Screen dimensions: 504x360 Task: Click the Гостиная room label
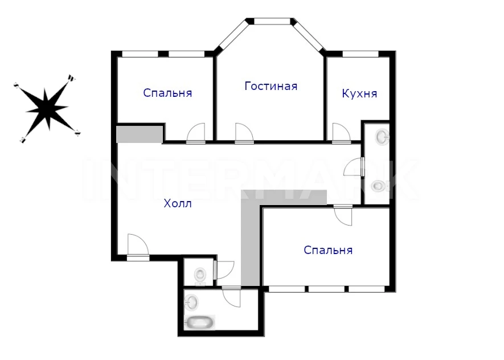click(271, 86)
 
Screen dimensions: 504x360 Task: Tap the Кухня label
click(359, 93)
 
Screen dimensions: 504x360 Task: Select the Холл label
click(178, 203)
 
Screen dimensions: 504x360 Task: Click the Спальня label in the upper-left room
click(167, 93)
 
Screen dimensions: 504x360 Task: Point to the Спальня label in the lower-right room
click(328, 250)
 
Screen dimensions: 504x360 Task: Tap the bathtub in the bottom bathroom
click(200, 322)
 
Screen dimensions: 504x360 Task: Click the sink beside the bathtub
click(191, 302)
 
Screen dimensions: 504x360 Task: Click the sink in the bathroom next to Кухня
click(382, 137)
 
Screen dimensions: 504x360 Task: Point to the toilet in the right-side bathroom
click(380, 186)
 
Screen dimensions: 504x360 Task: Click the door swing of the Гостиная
click(244, 132)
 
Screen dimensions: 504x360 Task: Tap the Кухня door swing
click(341, 132)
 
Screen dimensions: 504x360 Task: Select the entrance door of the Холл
click(138, 247)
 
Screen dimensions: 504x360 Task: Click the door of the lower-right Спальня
click(343, 215)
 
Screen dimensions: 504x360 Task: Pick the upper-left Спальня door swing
click(196, 132)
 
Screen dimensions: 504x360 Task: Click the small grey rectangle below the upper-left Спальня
click(139, 134)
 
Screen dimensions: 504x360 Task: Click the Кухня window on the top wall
click(360, 54)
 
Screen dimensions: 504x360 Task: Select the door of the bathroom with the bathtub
click(231, 297)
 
